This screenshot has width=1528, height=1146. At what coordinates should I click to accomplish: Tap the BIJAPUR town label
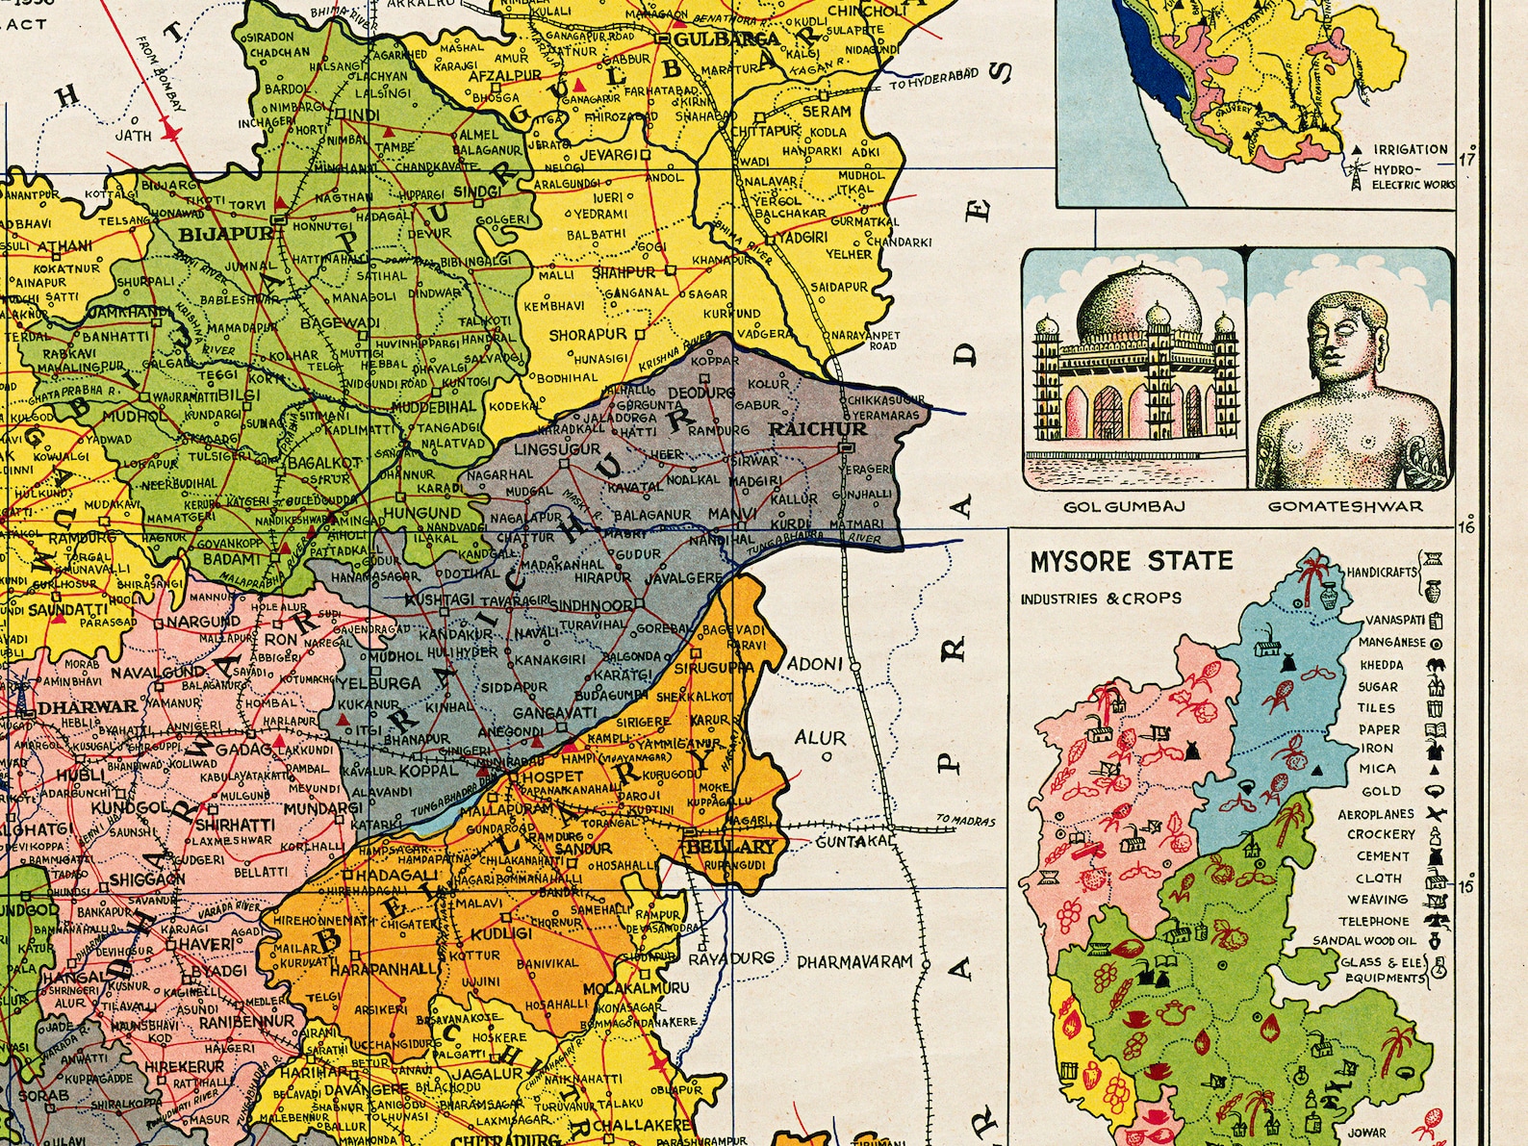[x=213, y=233]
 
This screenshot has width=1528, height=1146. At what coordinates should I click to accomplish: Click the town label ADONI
[x=815, y=665]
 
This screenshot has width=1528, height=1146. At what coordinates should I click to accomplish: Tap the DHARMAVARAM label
[x=854, y=961]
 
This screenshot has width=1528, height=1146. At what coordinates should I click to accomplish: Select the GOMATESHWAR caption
[x=1344, y=506]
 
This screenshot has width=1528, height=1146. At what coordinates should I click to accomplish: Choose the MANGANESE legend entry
[x=1391, y=642]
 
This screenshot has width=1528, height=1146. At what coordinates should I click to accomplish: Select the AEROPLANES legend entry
[x=1376, y=814]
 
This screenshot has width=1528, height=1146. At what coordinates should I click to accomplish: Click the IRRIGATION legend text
[x=1410, y=149]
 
